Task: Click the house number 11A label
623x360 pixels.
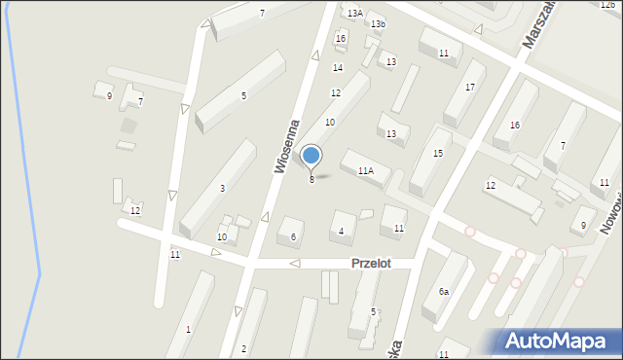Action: click(x=365, y=170)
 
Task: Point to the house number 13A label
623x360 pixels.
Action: click(x=354, y=14)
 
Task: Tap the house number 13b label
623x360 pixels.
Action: click(x=377, y=23)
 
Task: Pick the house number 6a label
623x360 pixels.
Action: click(x=443, y=291)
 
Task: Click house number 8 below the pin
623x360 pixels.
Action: click(x=311, y=179)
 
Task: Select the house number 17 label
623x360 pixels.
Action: click(x=469, y=88)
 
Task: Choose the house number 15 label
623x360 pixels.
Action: click(x=438, y=154)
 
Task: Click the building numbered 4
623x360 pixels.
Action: click(x=341, y=231)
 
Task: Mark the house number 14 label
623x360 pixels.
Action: click(x=337, y=67)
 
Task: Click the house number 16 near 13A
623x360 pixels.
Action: click(x=340, y=39)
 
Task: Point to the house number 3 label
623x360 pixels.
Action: click(x=222, y=188)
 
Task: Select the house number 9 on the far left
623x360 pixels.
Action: click(x=109, y=96)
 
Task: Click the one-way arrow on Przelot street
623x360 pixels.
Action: click(x=294, y=264)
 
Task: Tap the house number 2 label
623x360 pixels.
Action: click(x=243, y=348)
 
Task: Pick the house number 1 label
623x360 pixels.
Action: click(x=188, y=330)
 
